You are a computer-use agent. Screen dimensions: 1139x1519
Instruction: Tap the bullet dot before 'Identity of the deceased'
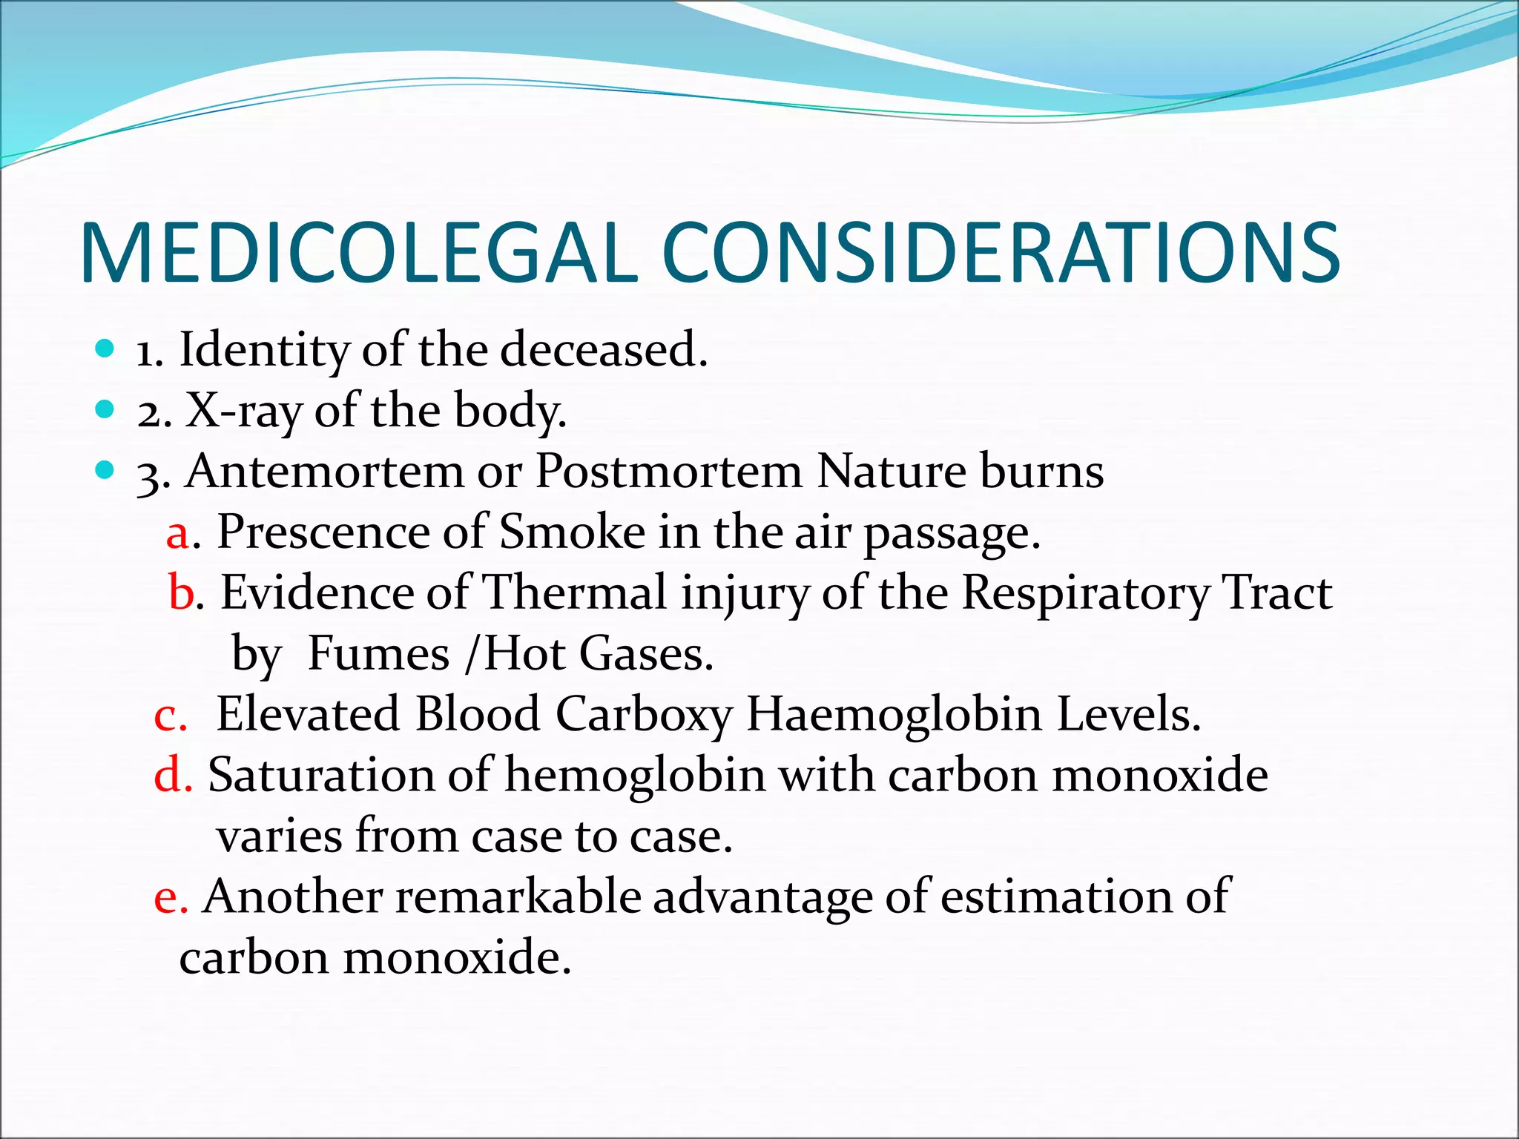[105, 349]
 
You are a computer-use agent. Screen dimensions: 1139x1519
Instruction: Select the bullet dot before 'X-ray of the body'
[105, 409]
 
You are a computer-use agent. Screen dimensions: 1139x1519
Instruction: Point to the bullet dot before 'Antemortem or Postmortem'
[105, 470]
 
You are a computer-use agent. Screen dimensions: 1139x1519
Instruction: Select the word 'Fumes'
[378, 654]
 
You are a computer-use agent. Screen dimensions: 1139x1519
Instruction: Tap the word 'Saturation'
[321, 776]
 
